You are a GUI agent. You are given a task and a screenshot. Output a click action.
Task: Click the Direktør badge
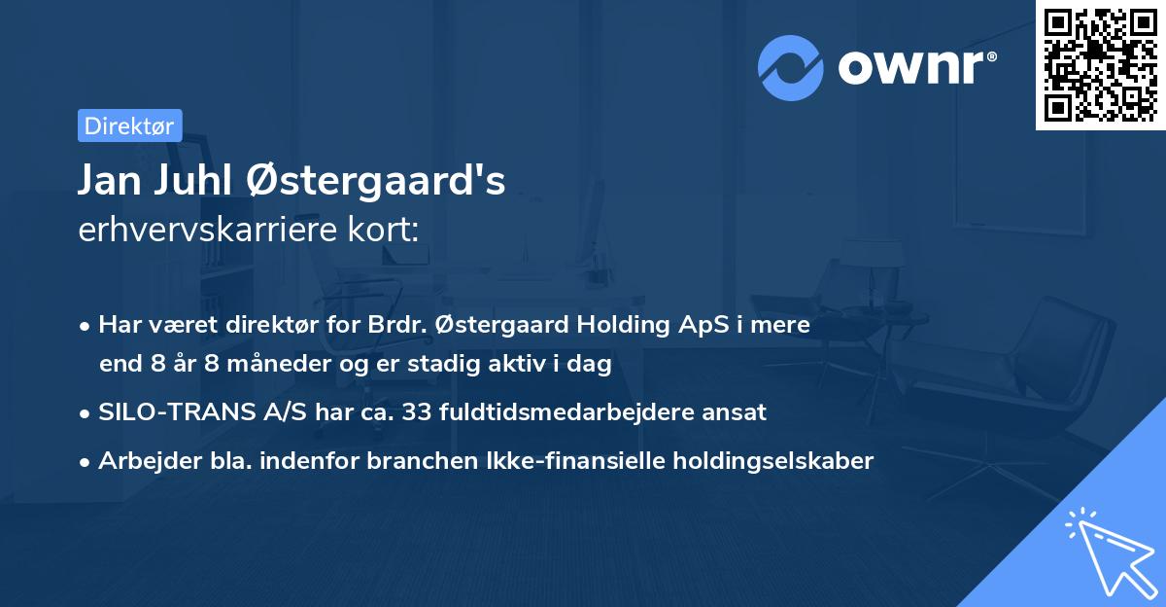129,125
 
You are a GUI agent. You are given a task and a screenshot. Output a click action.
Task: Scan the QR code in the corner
1100,64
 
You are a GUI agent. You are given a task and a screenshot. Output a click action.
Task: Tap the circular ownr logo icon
791,68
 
